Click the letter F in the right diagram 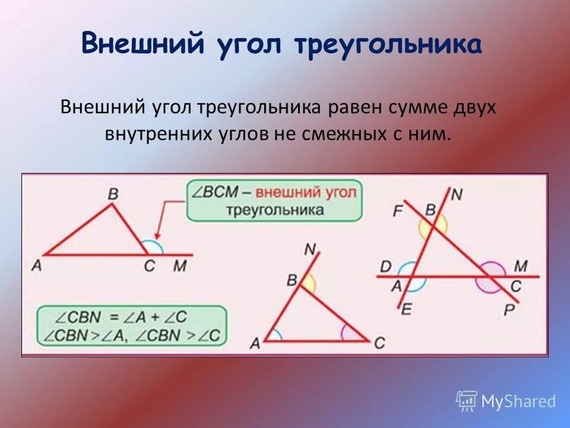tap(398, 210)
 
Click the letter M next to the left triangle tap(179, 266)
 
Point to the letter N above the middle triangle tap(310, 249)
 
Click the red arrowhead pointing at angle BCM tap(157, 236)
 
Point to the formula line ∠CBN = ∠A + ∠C tap(129, 317)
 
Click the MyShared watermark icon tap(467, 401)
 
